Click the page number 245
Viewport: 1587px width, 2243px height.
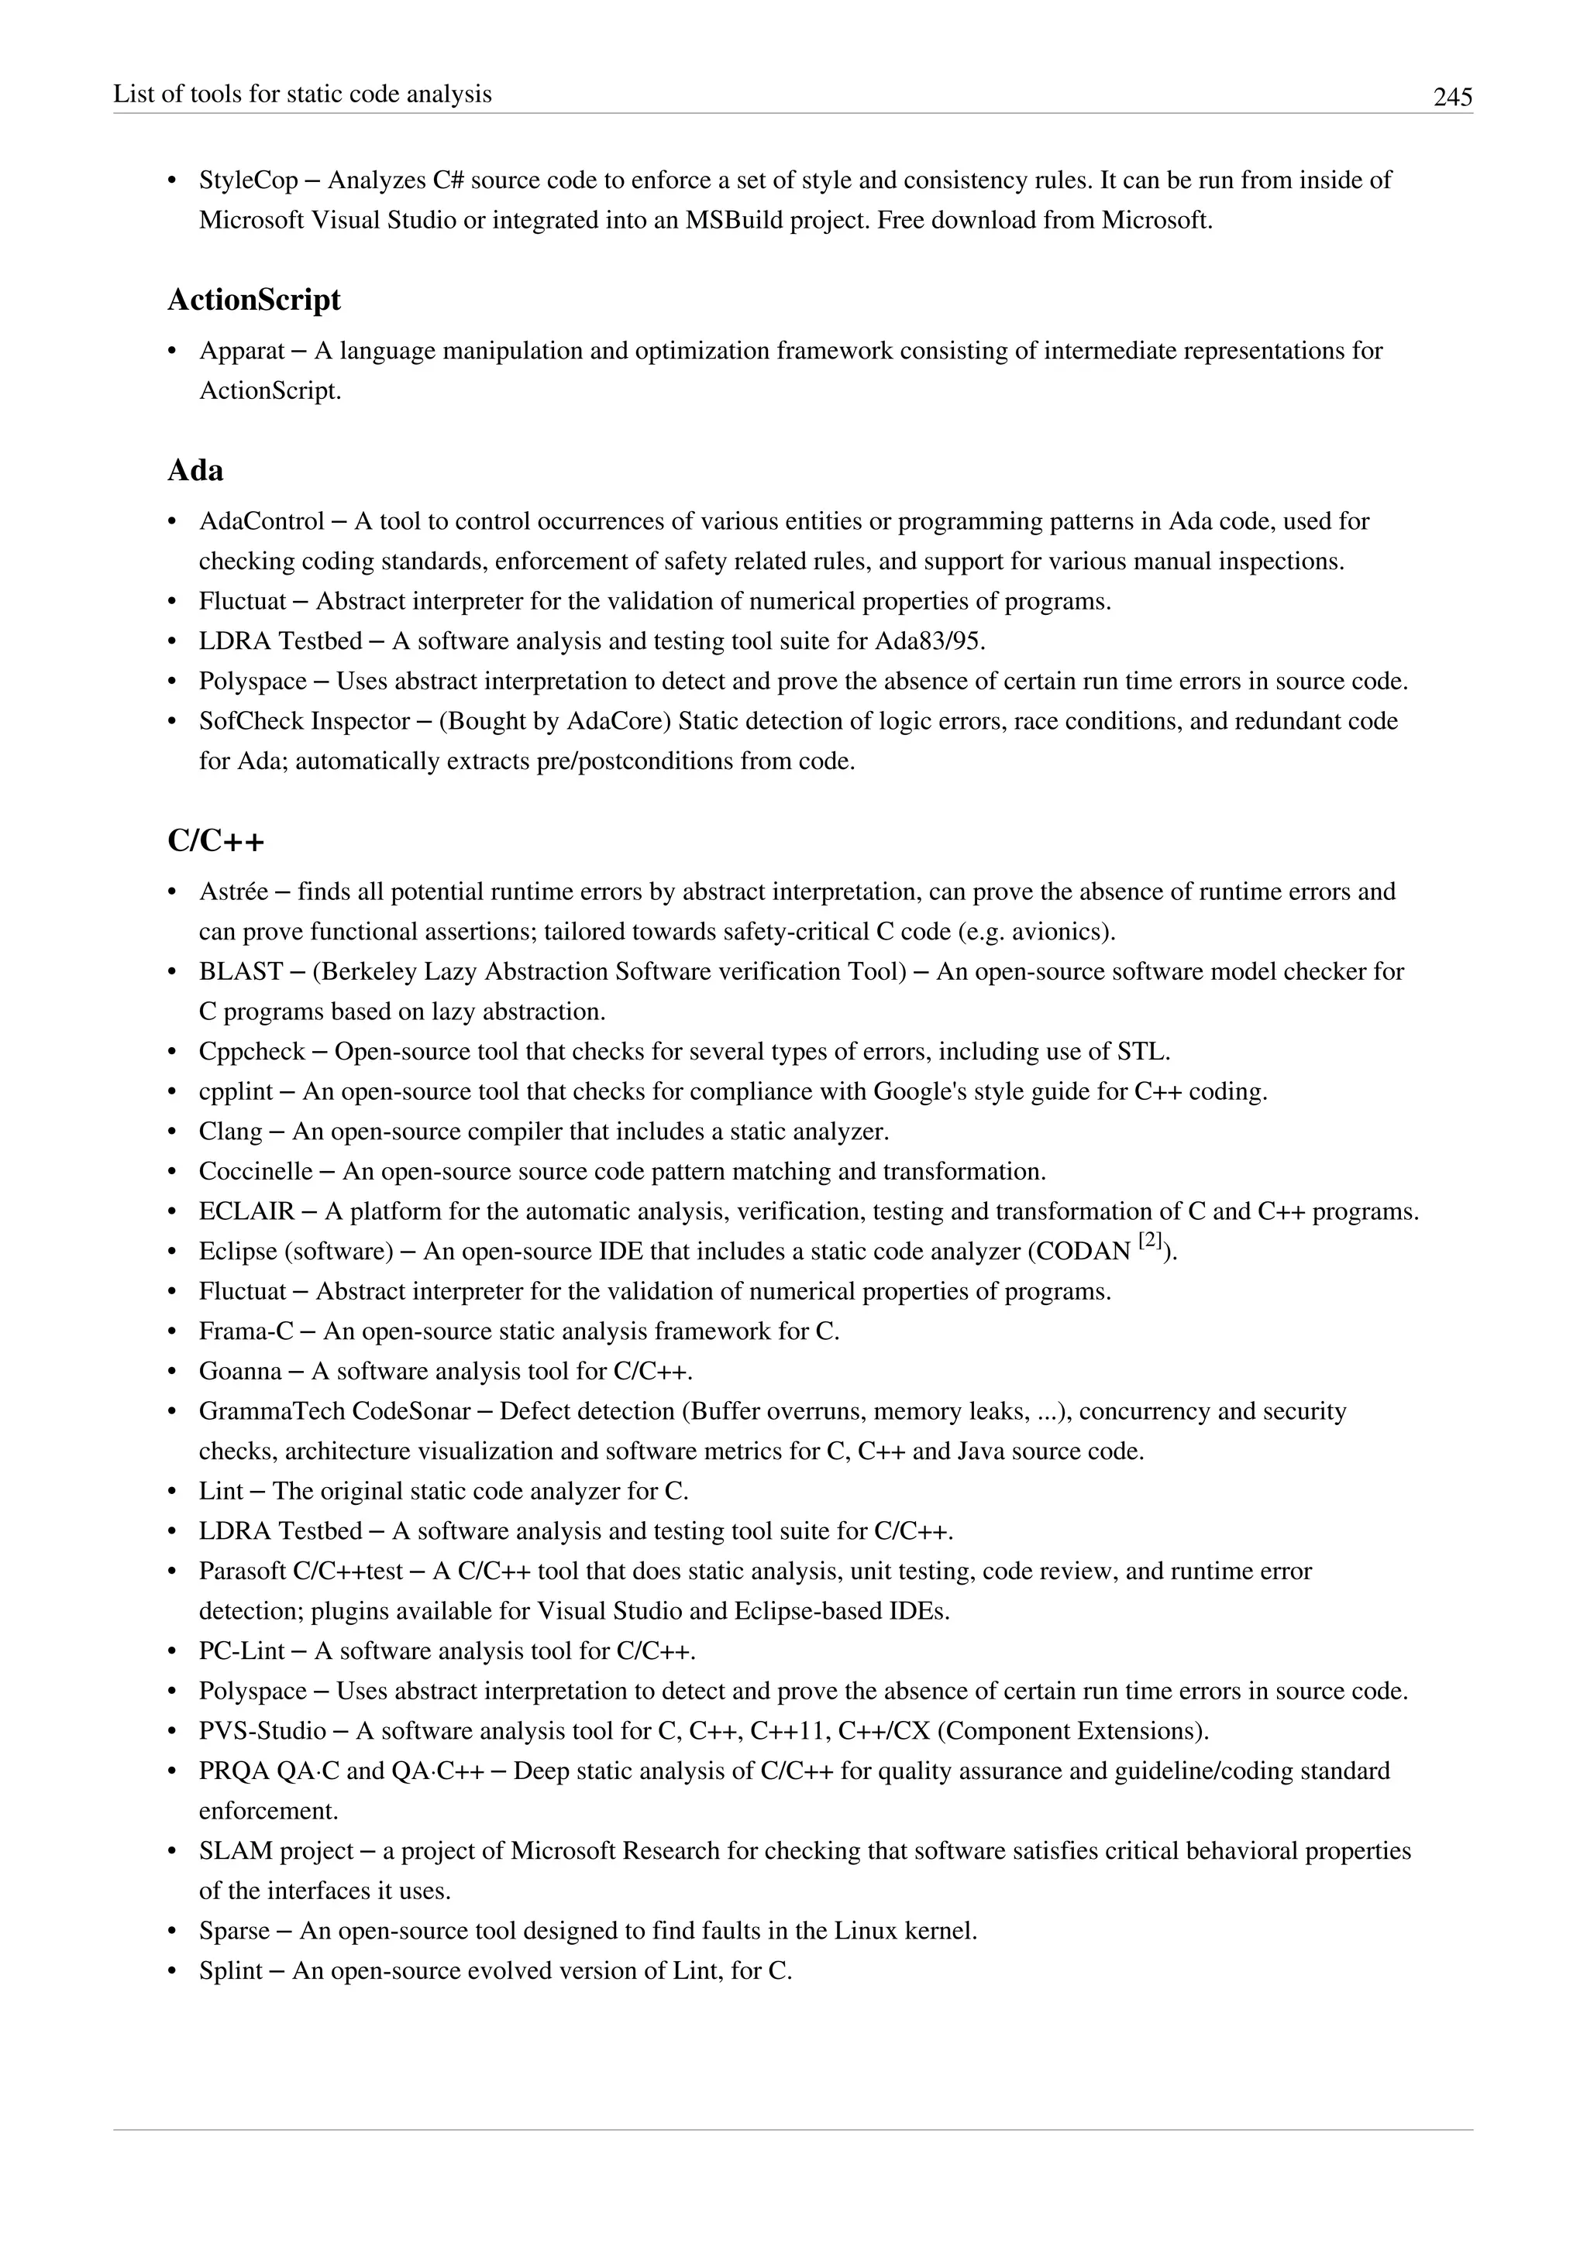pyautogui.click(x=1452, y=97)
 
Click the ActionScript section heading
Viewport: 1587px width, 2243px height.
pyautogui.click(x=254, y=300)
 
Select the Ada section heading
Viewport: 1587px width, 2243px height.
pyautogui.click(x=195, y=471)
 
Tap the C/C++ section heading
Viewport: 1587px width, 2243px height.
pyautogui.click(x=216, y=841)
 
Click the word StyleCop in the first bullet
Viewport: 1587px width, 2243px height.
pyautogui.click(x=248, y=180)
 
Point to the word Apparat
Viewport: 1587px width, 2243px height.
pyautogui.click(x=241, y=351)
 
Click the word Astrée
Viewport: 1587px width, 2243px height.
pyautogui.click(x=232, y=892)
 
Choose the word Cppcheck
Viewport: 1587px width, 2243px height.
pyautogui.click(x=252, y=1052)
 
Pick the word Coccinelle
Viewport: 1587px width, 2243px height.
pyautogui.click(x=256, y=1171)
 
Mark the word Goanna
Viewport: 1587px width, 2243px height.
pyautogui.click(x=240, y=1372)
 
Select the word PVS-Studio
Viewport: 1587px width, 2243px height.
pyautogui.click(x=262, y=1731)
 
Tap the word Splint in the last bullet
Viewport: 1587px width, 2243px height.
pyautogui.click(x=231, y=1971)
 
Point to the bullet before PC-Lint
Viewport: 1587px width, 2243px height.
pyautogui.click(x=173, y=1652)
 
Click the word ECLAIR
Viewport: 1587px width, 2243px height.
pyautogui.click(x=246, y=1211)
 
